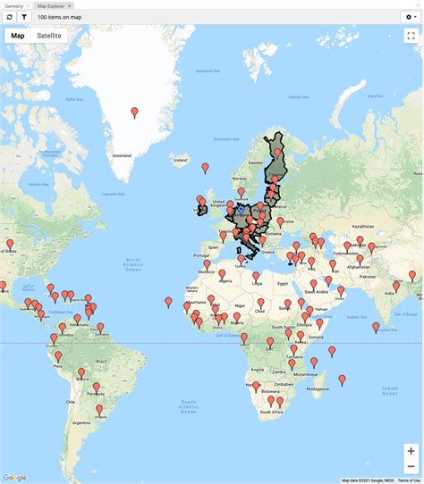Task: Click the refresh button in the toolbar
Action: tap(9, 17)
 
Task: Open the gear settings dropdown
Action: tap(411, 17)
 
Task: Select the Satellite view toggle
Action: tap(49, 36)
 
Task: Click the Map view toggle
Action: tap(18, 36)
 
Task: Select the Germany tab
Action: tap(13, 5)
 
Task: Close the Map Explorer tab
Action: tap(70, 5)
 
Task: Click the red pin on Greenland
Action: tap(135, 113)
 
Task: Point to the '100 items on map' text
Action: tap(59, 17)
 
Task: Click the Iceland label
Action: tap(181, 160)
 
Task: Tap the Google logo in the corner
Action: tap(16, 477)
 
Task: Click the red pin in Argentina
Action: tap(99, 411)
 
